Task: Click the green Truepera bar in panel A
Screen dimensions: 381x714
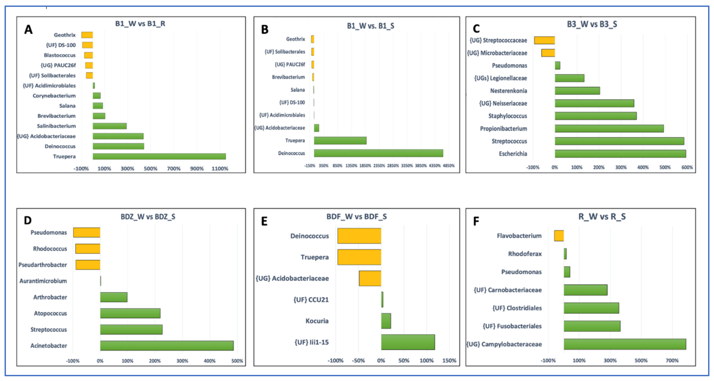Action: tap(159, 156)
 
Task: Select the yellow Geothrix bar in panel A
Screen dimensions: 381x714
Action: tap(87, 35)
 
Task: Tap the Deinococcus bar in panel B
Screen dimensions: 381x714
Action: tap(378, 153)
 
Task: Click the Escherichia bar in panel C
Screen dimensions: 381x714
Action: tap(620, 154)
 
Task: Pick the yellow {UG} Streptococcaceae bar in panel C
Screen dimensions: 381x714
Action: tap(544, 40)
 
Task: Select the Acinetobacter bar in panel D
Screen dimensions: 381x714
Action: tap(167, 346)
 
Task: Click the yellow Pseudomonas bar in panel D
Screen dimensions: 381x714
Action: tap(87, 232)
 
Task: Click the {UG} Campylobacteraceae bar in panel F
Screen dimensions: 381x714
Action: tap(625, 344)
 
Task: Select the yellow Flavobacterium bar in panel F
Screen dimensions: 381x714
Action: tap(559, 236)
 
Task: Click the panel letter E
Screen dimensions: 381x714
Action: tap(264, 221)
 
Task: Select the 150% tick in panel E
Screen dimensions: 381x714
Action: tap(449, 360)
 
